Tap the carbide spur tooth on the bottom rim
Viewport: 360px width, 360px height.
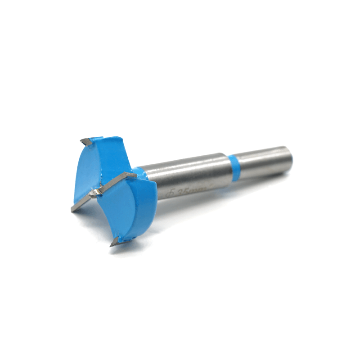pos(114,242)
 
